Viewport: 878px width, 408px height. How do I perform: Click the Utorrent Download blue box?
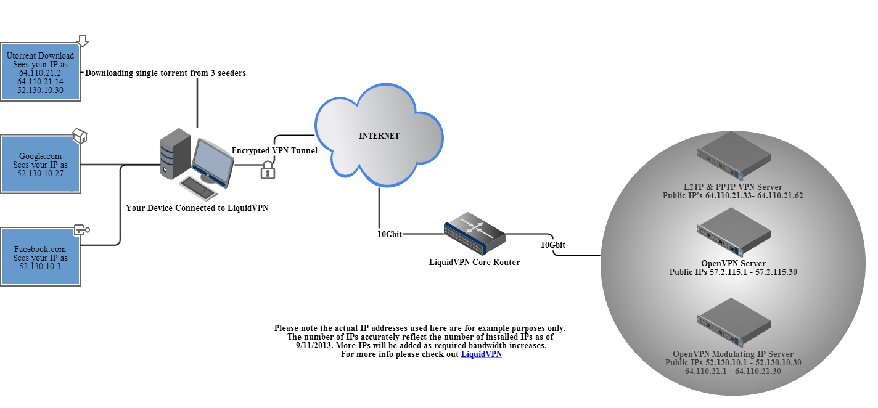pos(41,72)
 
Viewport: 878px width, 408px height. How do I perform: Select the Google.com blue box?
pos(41,165)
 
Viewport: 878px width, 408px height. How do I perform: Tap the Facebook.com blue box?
pos(41,257)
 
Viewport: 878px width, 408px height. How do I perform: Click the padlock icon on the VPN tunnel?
pos(268,170)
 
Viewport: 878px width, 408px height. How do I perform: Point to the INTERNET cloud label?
pos(379,136)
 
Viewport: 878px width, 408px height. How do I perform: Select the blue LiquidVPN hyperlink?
pos(481,354)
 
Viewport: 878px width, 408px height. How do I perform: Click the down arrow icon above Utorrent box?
pos(83,41)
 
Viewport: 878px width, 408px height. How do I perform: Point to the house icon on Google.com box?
pos(80,136)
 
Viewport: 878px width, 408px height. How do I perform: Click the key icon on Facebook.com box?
pos(81,231)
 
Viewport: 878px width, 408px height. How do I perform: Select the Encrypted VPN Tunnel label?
pos(274,150)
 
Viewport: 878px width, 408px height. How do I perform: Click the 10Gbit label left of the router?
pos(390,234)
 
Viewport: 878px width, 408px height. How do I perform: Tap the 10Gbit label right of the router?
pos(553,245)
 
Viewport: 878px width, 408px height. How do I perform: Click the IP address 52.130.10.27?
pos(41,174)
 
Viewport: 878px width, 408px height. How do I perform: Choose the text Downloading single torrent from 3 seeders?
pos(165,73)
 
